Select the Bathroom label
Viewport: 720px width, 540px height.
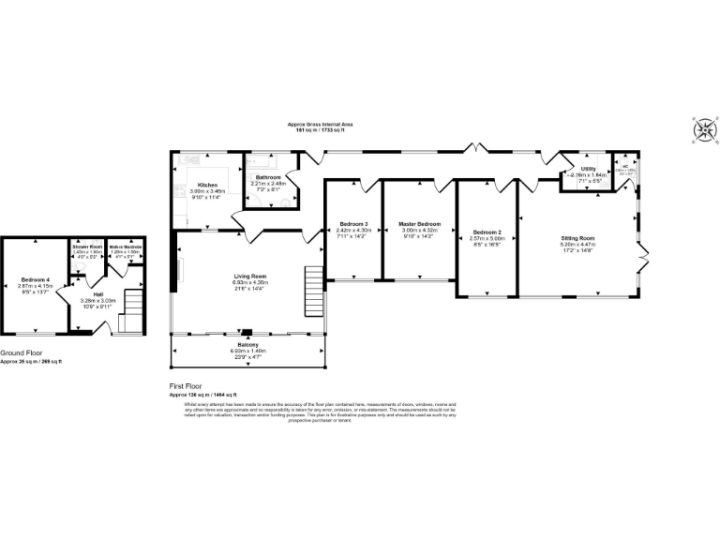269,176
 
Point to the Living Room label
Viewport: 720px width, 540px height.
250,277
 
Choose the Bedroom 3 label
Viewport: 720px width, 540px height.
353,224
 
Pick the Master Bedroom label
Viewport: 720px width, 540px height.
419,224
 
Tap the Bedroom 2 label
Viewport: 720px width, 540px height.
487,232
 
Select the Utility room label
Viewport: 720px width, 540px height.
589,169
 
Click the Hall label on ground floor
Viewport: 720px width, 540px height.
97,294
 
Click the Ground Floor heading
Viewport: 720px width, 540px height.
22,354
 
